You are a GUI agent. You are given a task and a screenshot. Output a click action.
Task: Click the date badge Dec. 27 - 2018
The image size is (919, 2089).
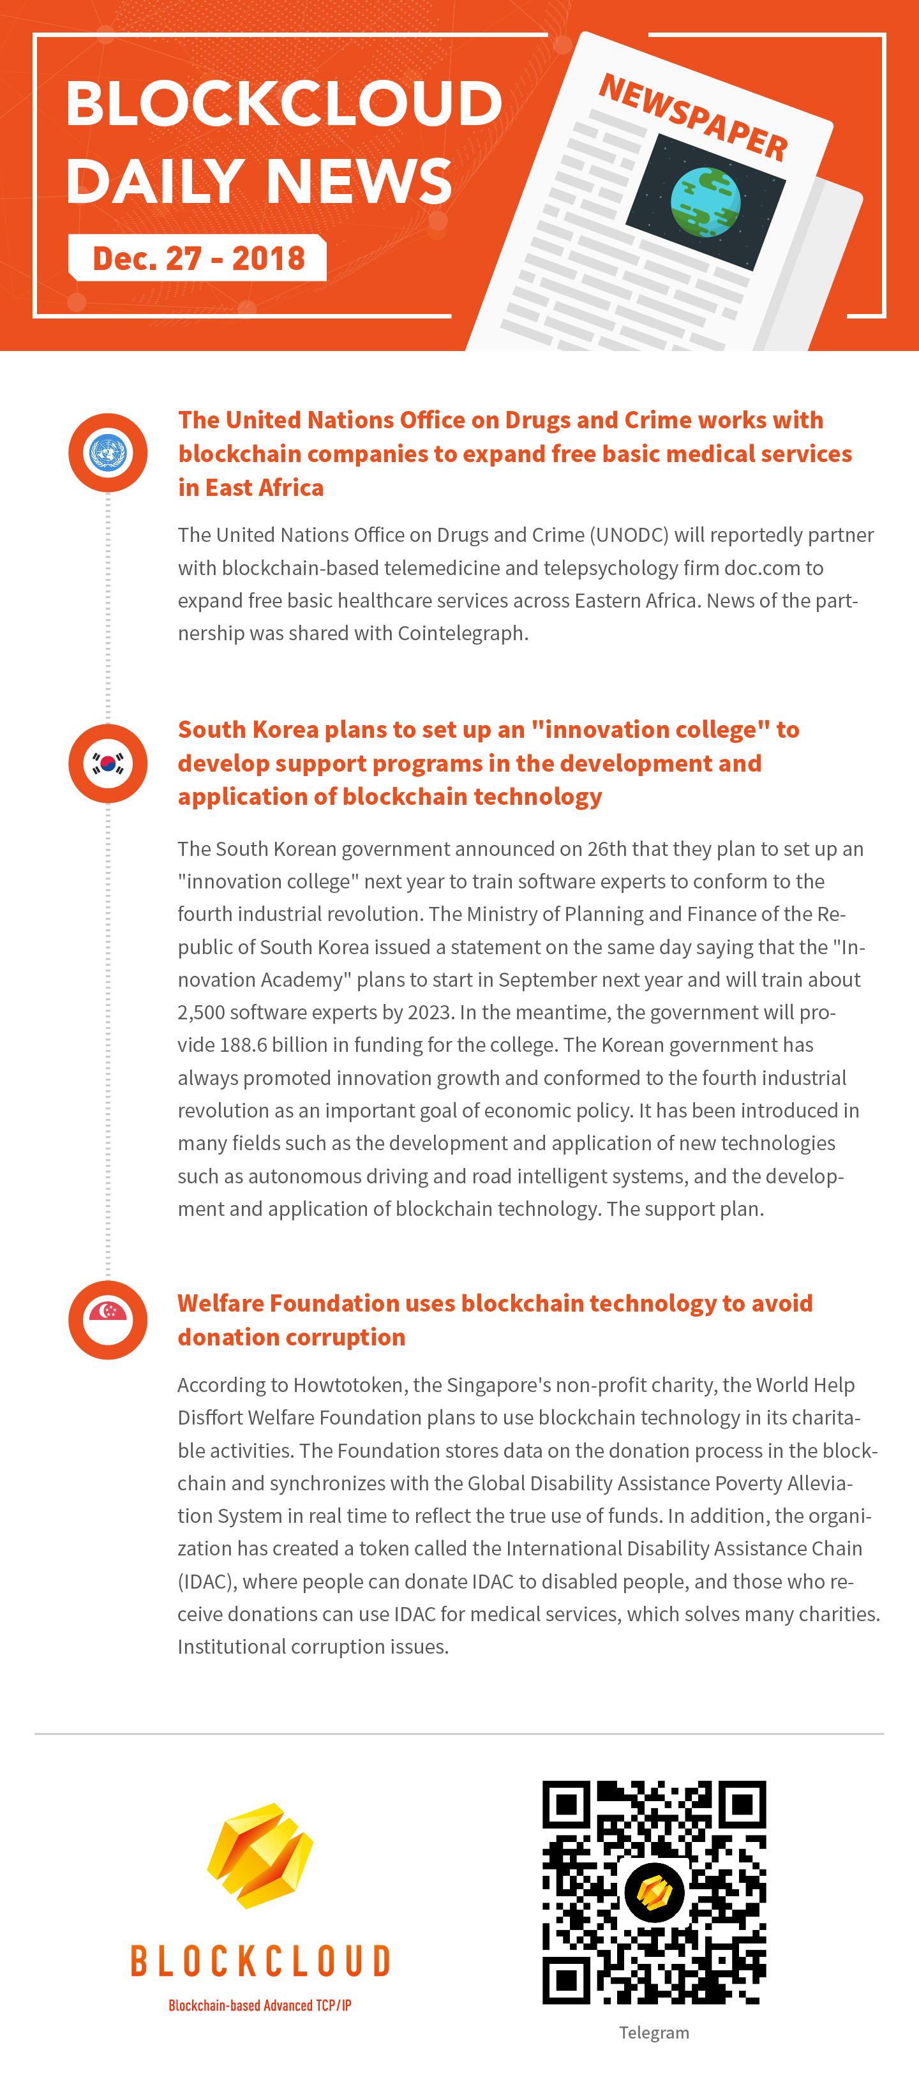(x=198, y=258)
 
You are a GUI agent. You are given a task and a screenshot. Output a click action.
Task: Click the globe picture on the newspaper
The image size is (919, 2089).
(x=705, y=202)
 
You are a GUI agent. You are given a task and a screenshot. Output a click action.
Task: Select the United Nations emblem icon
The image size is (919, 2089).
(x=108, y=453)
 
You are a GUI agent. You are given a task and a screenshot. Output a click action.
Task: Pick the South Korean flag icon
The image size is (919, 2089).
(x=108, y=763)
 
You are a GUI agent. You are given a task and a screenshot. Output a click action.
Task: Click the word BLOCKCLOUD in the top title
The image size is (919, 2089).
(x=284, y=104)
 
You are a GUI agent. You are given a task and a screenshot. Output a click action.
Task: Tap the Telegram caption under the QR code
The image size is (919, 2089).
(x=654, y=2032)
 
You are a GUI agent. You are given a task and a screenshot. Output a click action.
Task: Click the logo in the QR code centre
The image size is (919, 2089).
(x=654, y=1892)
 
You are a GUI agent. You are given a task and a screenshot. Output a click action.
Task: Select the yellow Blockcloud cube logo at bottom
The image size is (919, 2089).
(x=260, y=1855)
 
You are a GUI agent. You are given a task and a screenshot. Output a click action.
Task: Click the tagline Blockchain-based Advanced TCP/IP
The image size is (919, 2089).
(x=260, y=2005)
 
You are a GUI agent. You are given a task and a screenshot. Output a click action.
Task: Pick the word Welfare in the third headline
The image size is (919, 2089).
(x=220, y=1303)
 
